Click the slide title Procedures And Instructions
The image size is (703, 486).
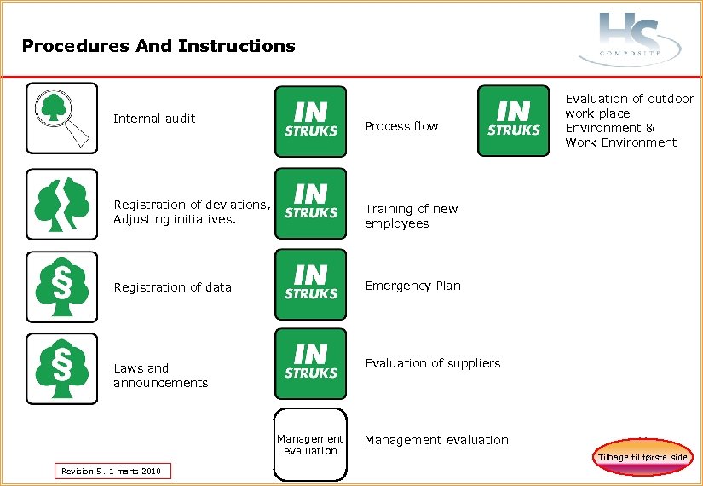point(158,46)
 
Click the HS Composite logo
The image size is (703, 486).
point(630,39)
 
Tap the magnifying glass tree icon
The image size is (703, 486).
point(61,118)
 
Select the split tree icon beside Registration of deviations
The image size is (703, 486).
point(61,205)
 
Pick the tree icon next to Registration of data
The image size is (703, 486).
point(61,286)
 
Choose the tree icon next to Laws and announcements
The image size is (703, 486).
point(61,368)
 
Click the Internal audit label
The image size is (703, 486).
point(154,119)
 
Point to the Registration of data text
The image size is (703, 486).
point(172,287)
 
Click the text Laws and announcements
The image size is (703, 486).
point(160,375)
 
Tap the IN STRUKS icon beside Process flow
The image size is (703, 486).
point(310,121)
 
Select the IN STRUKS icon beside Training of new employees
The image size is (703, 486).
point(310,202)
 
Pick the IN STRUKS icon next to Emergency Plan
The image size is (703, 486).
point(310,284)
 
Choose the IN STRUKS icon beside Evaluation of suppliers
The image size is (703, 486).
point(310,363)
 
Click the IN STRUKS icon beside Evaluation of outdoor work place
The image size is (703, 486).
point(513,120)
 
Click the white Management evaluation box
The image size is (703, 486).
point(310,443)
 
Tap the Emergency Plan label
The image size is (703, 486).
point(412,286)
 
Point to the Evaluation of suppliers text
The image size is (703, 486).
point(432,363)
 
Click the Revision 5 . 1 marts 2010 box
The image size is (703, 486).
point(112,471)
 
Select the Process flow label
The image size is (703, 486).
point(401,126)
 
